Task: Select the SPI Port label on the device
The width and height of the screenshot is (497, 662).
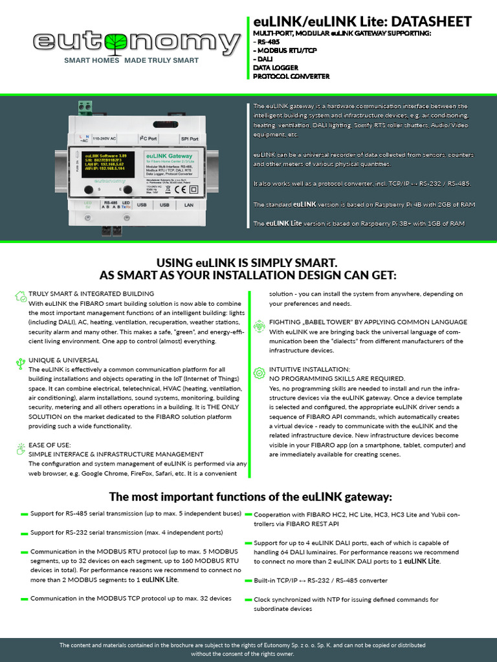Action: [x=190, y=138]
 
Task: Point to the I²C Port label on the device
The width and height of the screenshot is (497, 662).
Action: [x=148, y=138]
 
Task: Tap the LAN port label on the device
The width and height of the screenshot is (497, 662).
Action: [x=189, y=205]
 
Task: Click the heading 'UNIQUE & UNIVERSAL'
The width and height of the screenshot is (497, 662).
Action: [x=63, y=360]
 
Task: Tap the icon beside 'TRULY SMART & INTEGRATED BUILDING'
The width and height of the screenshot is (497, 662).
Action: [x=21, y=295]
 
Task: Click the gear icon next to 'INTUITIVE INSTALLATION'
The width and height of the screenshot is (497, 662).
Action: [x=259, y=372]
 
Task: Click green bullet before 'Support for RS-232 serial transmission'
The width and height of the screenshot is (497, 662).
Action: [x=24, y=534]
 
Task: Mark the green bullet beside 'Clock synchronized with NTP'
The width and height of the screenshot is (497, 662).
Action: [x=248, y=601]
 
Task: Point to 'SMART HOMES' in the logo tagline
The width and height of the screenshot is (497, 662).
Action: [x=91, y=60]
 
